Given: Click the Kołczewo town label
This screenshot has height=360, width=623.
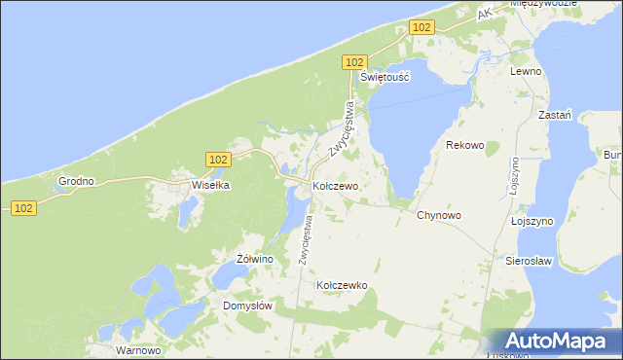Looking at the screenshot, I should tap(336, 185).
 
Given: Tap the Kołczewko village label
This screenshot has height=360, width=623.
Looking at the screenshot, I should tap(341, 285).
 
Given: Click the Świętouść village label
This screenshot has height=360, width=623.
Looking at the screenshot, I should tap(385, 76).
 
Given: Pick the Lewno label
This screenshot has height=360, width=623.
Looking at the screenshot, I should tap(525, 72).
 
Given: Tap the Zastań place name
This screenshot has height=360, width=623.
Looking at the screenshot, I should tap(554, 114).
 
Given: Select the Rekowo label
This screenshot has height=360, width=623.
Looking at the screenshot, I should tap(464, 145).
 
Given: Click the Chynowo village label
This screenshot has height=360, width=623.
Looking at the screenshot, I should tap(438, 215).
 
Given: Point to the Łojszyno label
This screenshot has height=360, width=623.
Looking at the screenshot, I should tap(531, 221).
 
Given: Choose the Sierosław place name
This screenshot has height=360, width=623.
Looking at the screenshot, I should tap(529, 261).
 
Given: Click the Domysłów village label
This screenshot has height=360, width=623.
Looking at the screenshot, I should tap(247, 305).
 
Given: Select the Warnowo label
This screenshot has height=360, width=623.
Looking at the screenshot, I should tap(136, 349).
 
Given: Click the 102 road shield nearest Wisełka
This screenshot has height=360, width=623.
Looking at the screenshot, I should tap(218, 159).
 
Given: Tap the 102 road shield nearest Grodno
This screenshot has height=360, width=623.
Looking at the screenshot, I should tap(24, 207).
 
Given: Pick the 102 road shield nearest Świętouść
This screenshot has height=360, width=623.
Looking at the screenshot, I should tap(354, 61).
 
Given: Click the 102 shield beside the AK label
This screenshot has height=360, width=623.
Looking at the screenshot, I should tap(421, 28).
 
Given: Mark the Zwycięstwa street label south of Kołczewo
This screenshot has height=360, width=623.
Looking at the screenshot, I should tap(306, 239).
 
